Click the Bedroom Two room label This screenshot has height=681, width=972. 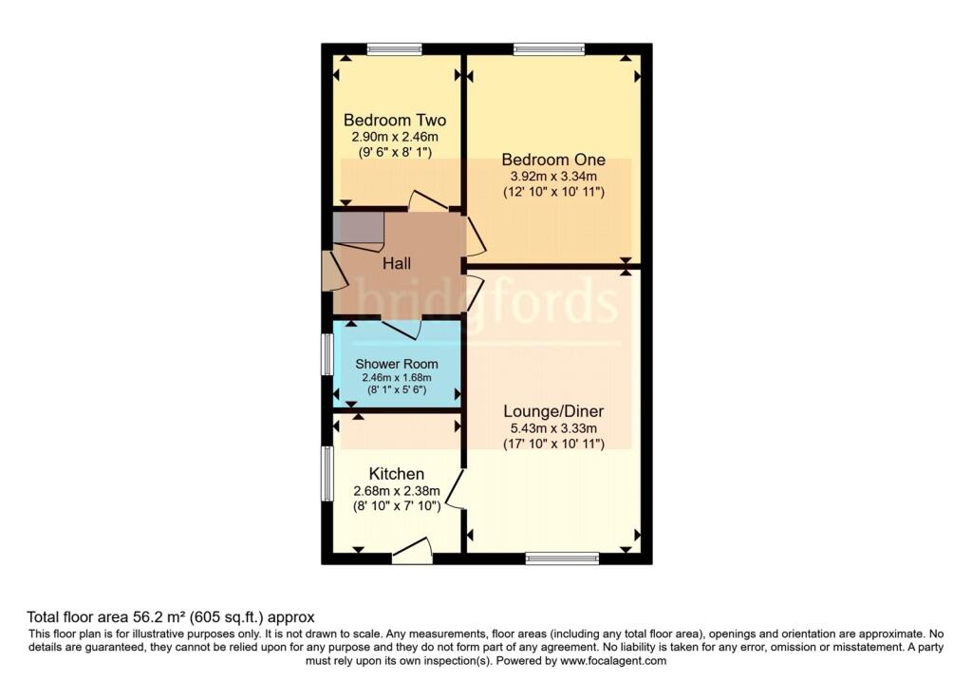click(x=395, y=120)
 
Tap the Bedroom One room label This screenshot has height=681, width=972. click(x=553, y=160)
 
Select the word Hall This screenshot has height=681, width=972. click(x=397, y=264)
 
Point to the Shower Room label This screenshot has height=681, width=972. click(x=397, y=364)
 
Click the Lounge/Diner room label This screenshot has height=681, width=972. click(x=553, y=411)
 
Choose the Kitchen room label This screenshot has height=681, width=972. click(x=397, y=474)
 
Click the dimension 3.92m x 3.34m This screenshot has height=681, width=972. click(x=553, y=176)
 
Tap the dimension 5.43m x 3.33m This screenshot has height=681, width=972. click(x=553, y=428)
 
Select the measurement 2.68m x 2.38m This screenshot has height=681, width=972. click(x=397, y=491)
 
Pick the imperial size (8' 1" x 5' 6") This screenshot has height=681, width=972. click(x=397, y=390)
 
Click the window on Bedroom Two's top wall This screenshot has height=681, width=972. click(x=394, y=49)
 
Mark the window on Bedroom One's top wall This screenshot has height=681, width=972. click(x=550, y=49)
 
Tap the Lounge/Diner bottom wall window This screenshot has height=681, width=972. click(x=562, y=558)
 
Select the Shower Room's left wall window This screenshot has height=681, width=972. click(x=327, y=354)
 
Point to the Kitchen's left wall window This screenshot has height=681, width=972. click(x=327, y=473)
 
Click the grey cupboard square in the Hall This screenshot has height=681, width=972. click(x=358, y=228)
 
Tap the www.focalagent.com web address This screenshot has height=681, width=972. click(x=613, y=661)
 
